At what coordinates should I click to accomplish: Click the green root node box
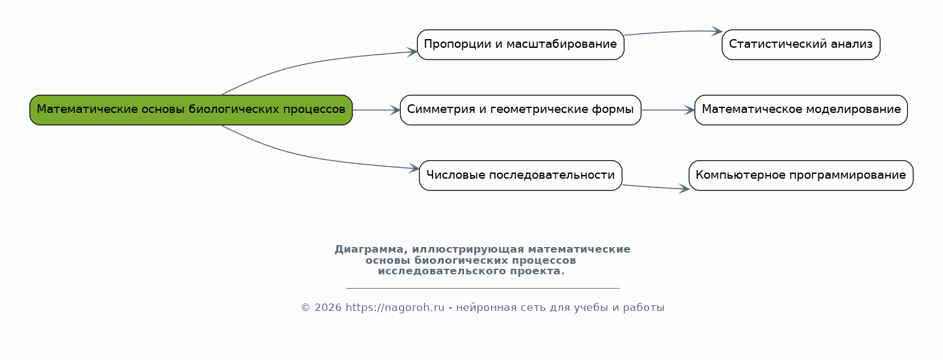point(191,110)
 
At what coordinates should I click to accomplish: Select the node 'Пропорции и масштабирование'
point(520,45)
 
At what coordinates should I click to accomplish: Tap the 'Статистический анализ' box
point(800,45)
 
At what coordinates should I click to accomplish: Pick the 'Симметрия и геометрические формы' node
point(520,110)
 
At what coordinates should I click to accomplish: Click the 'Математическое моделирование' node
point(800,110)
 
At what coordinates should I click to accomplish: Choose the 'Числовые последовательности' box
point(520,175)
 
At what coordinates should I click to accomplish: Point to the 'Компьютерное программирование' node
point(800,175)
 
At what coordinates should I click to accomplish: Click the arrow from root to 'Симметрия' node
point(376,110)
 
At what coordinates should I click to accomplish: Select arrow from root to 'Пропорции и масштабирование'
point(310,62)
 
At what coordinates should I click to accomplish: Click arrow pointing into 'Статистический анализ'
point(673,32)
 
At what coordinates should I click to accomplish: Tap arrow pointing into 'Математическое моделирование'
point(668,110)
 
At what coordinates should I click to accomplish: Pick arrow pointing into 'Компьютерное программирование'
point(655,187)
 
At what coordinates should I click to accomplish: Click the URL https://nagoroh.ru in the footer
point(395,308)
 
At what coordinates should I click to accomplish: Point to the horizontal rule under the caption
point(482,288)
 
